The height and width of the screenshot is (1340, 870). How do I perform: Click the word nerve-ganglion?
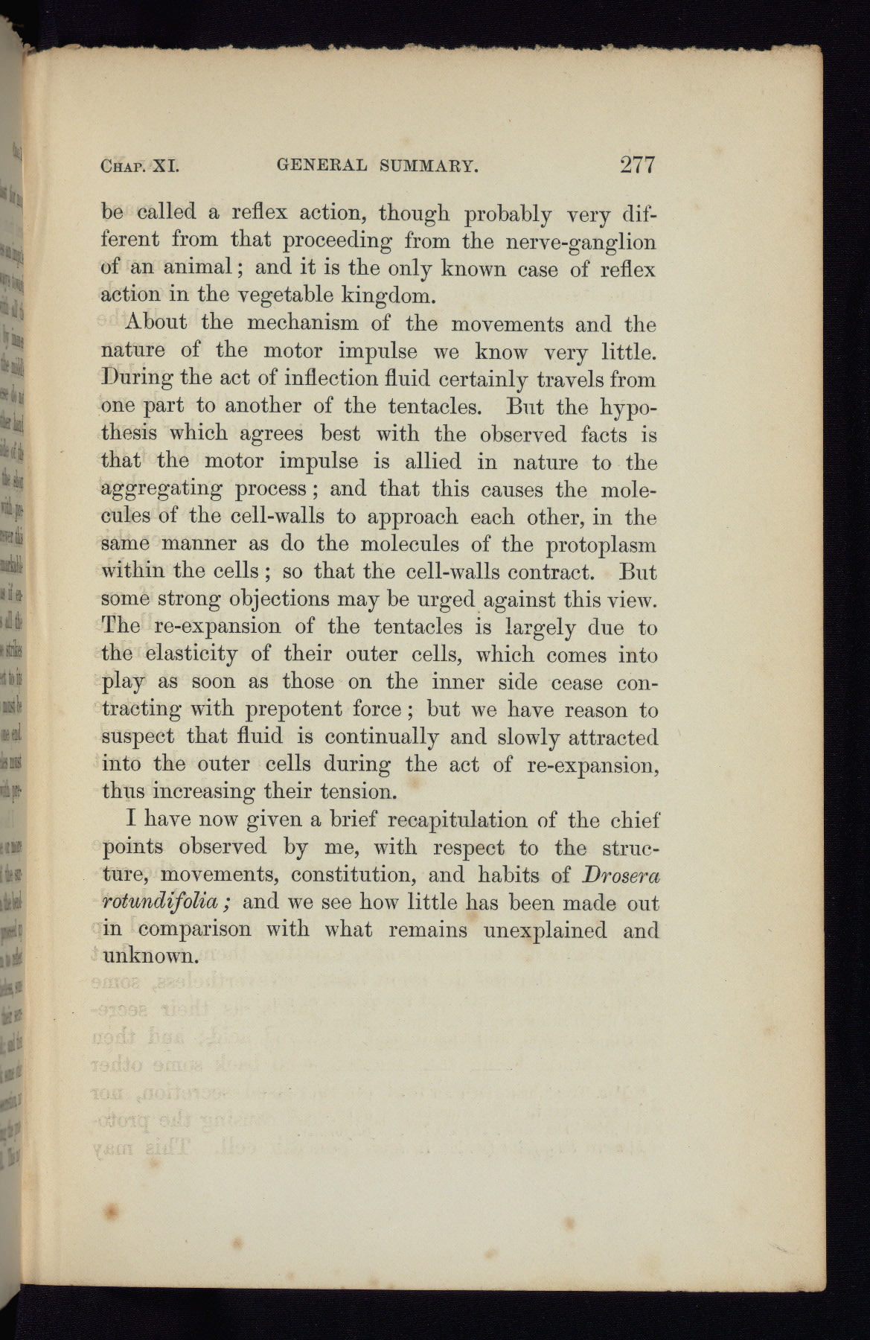[584, 243]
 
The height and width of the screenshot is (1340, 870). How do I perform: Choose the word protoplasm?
[601, 546]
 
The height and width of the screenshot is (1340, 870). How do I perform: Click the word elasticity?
[191, 655]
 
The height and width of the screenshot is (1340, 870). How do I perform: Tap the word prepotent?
[300, 709]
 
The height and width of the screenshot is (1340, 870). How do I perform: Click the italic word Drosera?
[621, 875]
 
